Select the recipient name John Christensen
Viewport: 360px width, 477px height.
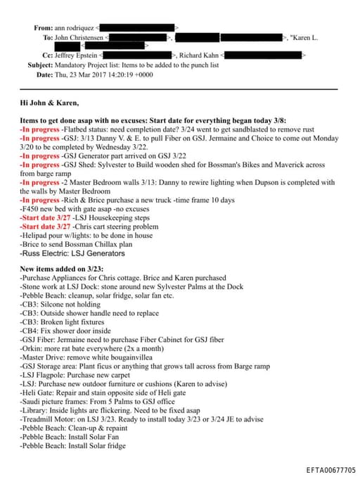click(79, 37)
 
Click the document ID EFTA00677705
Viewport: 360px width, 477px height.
click(331, 469)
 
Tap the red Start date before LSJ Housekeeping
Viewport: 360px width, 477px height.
click(41, 218)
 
